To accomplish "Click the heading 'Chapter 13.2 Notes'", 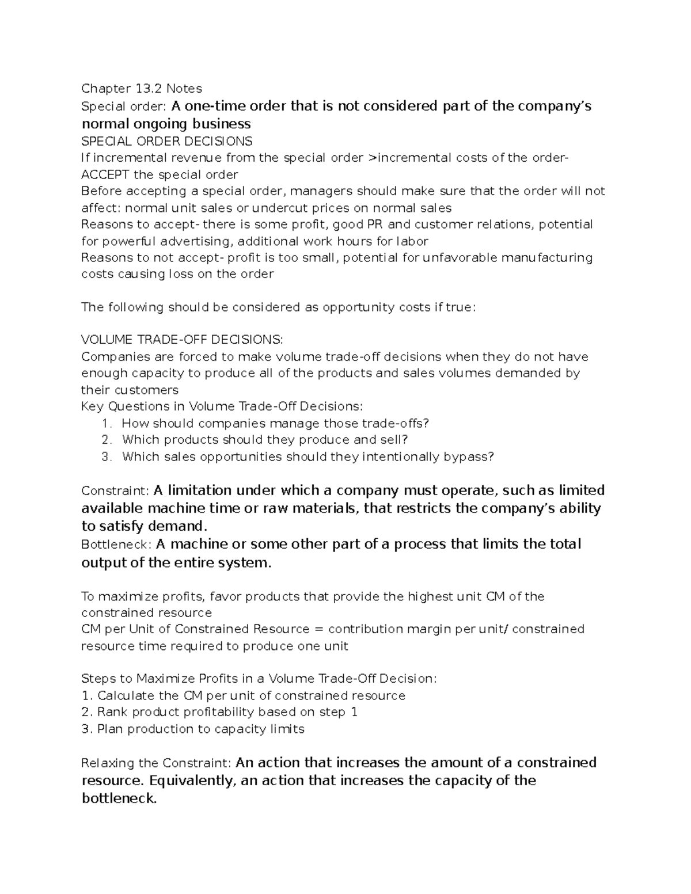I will (142, 88).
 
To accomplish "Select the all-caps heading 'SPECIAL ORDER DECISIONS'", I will (166, 141).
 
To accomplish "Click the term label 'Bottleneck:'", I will (117, 545).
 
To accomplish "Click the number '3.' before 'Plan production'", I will (87, 729).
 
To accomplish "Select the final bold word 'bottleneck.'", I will (119, 799).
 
